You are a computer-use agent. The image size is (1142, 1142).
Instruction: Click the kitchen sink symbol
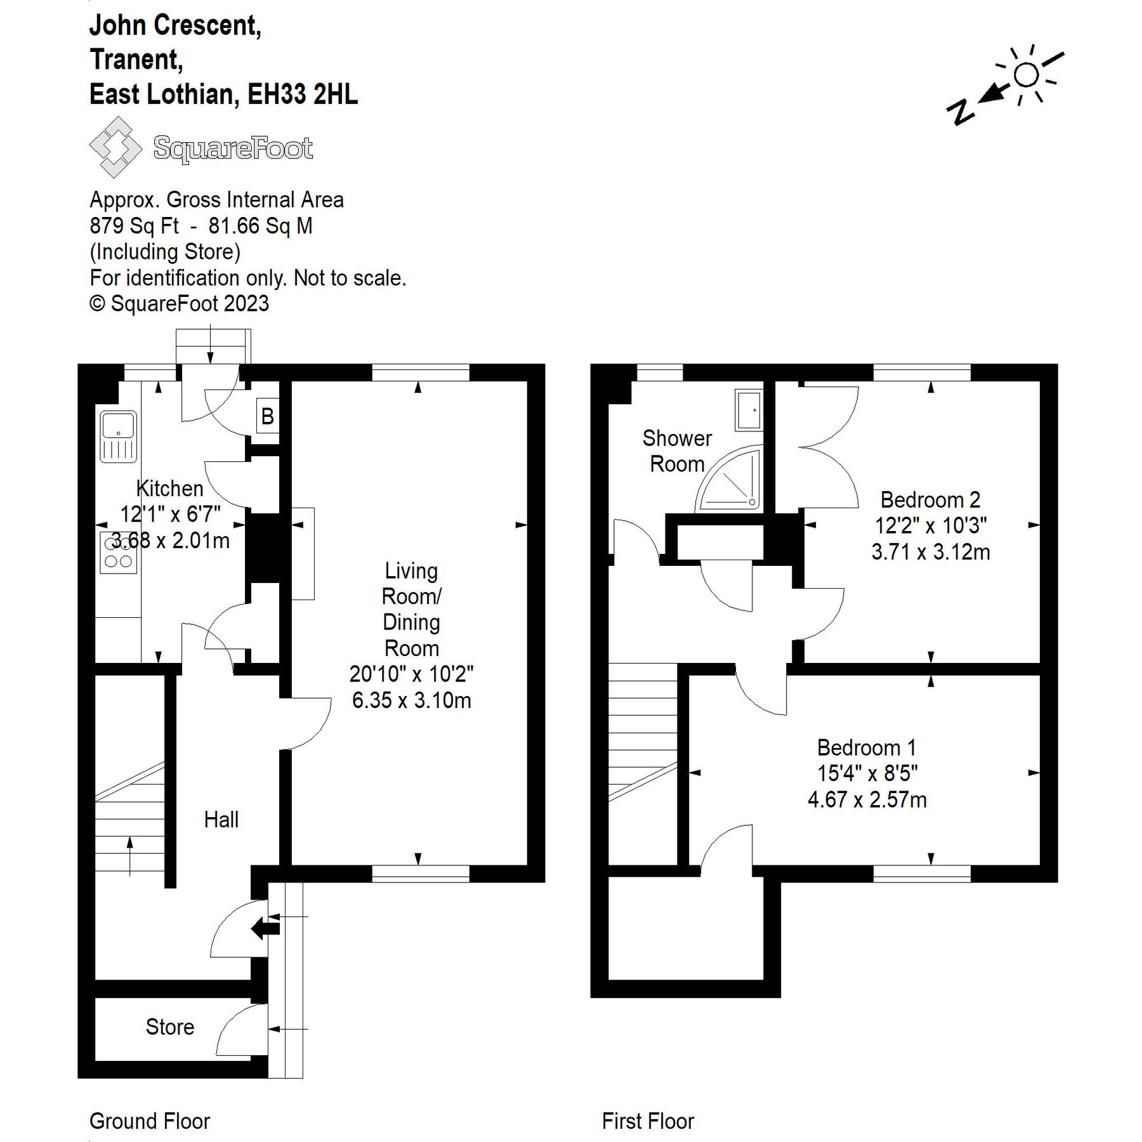(x=119, y=437)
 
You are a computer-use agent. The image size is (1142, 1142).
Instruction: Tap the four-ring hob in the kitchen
(x=119, y=553)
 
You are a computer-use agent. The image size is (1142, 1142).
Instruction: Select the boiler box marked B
(x=268, y=416)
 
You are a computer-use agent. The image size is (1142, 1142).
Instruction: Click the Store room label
(x=170, y=1027)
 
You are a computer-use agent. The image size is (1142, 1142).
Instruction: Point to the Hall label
(x=221, y=819)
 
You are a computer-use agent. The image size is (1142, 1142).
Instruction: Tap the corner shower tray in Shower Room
(x=729, y=479)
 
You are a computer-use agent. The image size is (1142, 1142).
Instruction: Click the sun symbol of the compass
(x=1027, y=75)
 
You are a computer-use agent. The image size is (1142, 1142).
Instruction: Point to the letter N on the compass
(x=961, y=112)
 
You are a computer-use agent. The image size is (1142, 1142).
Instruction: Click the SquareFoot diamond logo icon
(x=115, y=147)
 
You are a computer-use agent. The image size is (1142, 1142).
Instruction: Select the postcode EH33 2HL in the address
(x=303, y=95)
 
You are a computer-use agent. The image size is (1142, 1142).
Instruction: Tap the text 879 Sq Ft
(x=135, y=226)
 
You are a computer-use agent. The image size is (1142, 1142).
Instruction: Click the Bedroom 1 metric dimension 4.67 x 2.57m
(x=867, y=799)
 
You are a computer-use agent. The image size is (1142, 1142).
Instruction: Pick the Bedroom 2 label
(x=931, y=500)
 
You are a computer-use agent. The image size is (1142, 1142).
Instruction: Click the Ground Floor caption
(x=150, y=1121)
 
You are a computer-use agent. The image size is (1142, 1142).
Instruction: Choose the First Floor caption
(x=648, y=1121)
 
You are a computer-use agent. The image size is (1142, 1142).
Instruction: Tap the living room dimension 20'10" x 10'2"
(x=412, y=674)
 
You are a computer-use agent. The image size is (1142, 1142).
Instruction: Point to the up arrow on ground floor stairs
(x=130, y=856)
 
